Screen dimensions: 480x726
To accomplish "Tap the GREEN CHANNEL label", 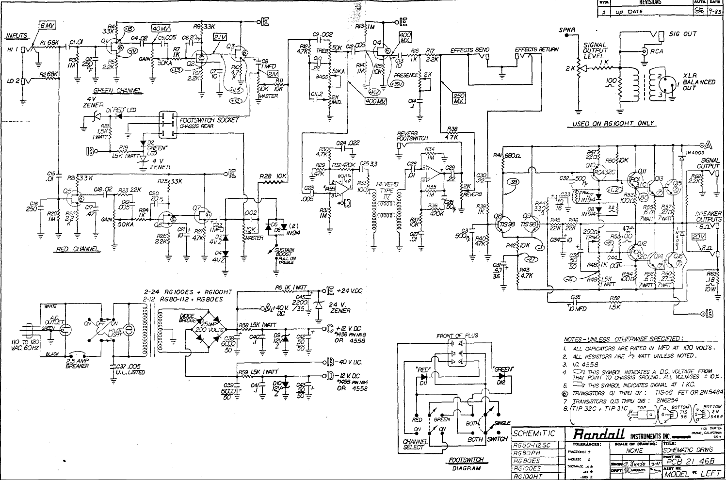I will pos(116,91).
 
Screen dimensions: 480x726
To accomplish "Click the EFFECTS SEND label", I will pos(469,50).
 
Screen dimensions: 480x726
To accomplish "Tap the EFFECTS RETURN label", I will pos(536,49).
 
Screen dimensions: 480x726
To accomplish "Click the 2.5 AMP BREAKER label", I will pos(77,363).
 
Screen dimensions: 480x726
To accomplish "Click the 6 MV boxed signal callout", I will pos(48,25).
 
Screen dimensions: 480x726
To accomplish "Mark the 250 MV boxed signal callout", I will pos(458,98).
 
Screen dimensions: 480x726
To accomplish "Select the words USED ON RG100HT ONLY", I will pos(613,124).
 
